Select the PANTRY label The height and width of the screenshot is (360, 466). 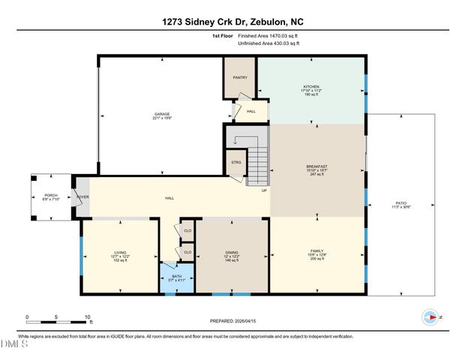pos(239,76)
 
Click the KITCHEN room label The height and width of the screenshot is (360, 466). pos(311,88)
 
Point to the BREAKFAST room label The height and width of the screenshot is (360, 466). pos(317,166)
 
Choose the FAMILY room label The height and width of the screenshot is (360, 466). pos(317,253)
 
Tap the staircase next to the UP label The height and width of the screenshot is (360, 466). pos(257,165)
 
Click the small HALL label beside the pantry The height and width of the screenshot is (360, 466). pos(251,111)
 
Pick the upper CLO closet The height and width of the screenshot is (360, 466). pos(187,231)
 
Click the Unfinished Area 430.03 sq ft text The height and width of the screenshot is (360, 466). pos(268,43)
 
